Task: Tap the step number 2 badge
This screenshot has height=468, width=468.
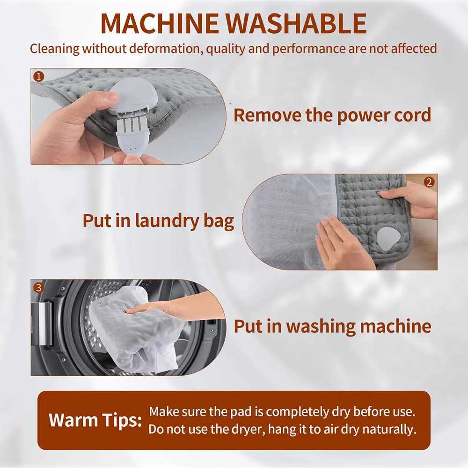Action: click(x=429, y=182)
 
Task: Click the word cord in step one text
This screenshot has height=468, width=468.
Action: click(x=410, y=115)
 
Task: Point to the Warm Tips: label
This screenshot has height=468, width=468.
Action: click(x=95, y=420)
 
